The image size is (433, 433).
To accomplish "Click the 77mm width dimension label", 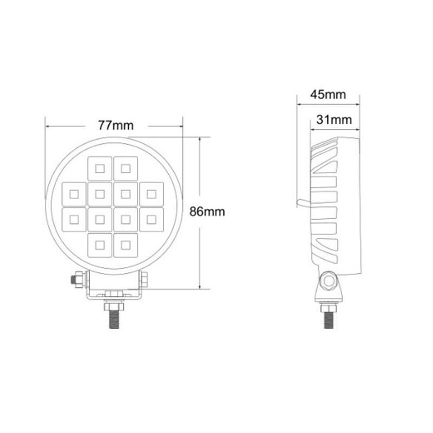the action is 116,126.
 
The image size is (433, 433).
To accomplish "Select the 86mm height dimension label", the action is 207,212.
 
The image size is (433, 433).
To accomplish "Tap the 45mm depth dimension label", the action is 328,94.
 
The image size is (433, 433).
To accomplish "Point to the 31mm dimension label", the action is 334,120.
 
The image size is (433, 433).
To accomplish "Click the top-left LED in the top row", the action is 100,168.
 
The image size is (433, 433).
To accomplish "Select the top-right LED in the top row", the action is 126,168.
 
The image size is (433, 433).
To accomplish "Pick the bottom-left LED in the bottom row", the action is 100,245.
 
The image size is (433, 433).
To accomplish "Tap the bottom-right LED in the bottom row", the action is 126,245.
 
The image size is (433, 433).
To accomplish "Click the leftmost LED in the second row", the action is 74,194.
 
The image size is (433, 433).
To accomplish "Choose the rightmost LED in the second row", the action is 152,194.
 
